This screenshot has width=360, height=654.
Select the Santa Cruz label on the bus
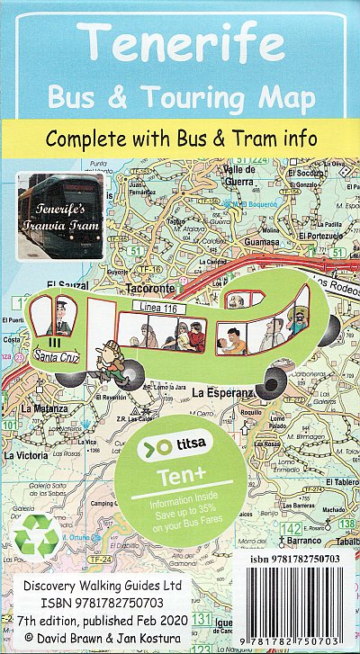pos(57,358)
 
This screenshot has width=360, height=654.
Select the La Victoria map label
pos(26,455)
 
